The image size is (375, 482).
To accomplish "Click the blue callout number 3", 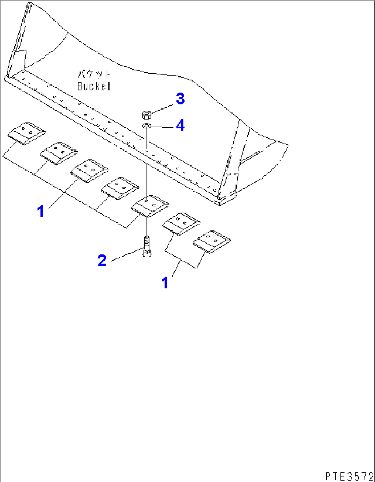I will point(180,99).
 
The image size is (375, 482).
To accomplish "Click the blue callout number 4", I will point(180,125).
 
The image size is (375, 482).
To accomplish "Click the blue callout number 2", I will point(102,260).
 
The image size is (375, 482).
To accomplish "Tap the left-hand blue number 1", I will point(41,211).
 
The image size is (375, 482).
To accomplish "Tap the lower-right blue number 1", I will point(165,283).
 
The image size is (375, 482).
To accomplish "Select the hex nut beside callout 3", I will point(147,114).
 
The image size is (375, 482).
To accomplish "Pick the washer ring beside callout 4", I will point(146,126).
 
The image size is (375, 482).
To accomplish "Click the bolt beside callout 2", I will point(147,246).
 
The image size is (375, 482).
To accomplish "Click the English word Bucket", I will point(94,86).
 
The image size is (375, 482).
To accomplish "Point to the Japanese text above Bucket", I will point(94,74).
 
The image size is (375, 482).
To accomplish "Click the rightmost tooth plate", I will point(212,242).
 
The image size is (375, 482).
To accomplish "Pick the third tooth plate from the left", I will point(89,170).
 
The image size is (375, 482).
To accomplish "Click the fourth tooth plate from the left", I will point(120,188).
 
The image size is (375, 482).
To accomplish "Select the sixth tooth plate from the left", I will point(181,224).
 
